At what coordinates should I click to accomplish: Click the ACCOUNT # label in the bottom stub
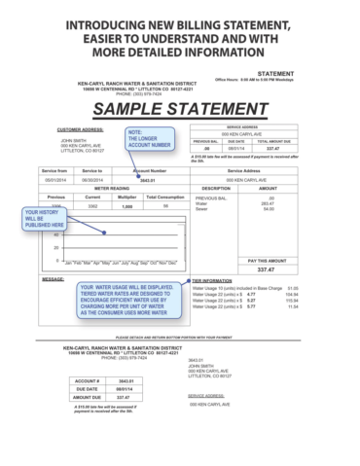point(85,380)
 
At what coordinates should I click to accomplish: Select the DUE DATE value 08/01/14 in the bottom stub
point(125,389)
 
